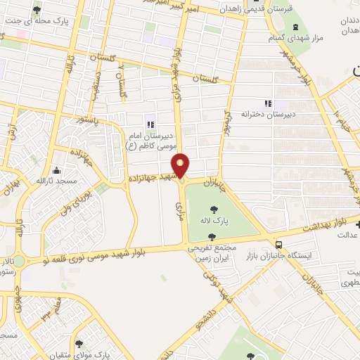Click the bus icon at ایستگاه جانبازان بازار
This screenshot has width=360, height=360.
280,245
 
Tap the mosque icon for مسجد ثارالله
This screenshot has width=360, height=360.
56,170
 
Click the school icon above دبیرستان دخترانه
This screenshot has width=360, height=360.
266,103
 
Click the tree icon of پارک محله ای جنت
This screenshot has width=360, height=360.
37,11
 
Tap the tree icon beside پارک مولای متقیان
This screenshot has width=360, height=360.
78,344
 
